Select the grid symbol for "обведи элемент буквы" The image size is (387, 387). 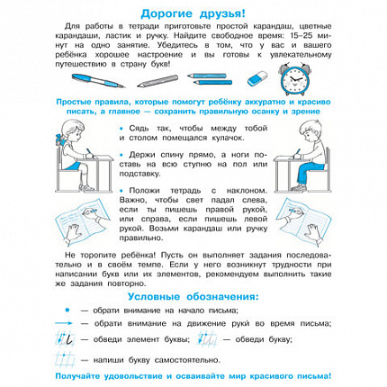click(x=73, y=339)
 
